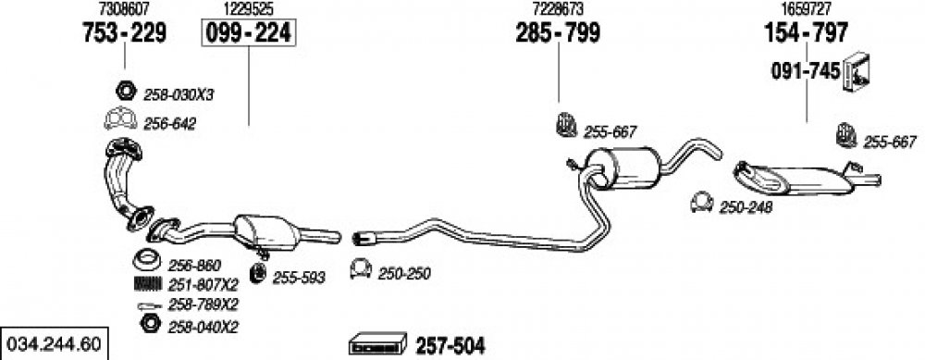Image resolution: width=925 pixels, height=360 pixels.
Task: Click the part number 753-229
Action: coord(125,33)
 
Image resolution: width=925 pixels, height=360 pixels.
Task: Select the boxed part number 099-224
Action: coord(248,33)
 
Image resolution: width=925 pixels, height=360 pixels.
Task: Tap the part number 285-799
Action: coord(558,33)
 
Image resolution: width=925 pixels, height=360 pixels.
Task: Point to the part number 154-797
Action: coord(806,33)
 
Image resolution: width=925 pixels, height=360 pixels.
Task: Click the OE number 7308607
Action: coord(125,9)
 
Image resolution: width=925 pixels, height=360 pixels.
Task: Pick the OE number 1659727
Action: coord(807,9)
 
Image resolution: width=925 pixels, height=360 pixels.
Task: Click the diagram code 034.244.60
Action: coord(53,343)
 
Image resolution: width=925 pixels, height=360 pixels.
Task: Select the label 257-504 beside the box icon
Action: coord(450,346)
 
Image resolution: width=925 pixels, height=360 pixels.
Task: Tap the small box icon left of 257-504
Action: coord(378,344)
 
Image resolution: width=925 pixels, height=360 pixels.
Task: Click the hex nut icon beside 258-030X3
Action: coord(125,92)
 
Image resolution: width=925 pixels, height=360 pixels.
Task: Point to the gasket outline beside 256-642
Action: coord(120,119)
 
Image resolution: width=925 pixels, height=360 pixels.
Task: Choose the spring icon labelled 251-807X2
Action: coord(147,284)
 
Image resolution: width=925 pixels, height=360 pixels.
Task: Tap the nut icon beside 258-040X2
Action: coord(150,323)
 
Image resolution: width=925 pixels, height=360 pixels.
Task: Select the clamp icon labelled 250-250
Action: coord(361,268)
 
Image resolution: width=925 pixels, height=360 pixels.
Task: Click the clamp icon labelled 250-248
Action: coord(701,203)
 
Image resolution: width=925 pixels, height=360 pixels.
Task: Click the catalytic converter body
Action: coord(266,232)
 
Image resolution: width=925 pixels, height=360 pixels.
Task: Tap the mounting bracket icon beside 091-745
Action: coord(857,72)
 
